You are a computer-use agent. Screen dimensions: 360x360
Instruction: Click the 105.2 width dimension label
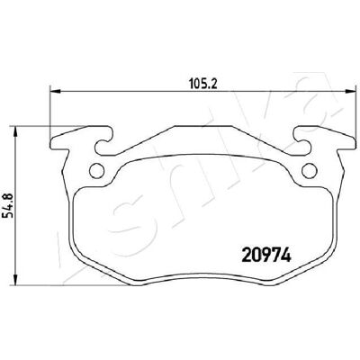point(203,83)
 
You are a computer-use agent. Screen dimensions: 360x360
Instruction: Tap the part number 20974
point(266,256)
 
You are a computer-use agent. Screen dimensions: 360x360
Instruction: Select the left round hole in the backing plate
point(97,171)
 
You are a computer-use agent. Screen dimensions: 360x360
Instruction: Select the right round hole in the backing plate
point(310,171)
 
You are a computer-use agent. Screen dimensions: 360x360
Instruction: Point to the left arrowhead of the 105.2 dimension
point(55,90)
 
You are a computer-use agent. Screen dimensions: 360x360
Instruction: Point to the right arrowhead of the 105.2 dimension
point(348,90)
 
